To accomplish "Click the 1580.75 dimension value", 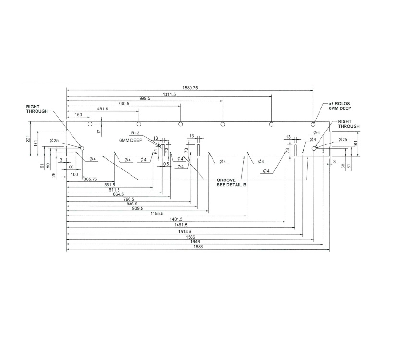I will tap(190, 88).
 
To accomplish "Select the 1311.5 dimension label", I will tap(169, 94).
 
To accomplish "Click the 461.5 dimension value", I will tap(103, 109).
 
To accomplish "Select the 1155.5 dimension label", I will tap(157, 213).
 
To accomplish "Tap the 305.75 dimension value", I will tap(91, 179).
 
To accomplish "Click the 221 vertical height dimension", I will tap(28, 139).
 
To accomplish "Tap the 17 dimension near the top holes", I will tap(98, 131).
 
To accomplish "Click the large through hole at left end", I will tap(82, 149).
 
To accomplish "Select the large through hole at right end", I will tap(314, 149).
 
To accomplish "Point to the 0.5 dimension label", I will tap(166, 164).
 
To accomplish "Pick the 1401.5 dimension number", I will tap(178, 219).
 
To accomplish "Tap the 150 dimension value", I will tap(78, 115).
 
